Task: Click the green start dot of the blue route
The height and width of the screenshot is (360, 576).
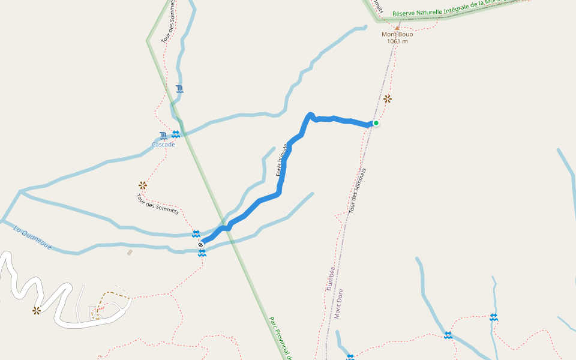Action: [x=376, y=123]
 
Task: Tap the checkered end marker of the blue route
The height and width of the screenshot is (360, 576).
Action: [x=200, y=244]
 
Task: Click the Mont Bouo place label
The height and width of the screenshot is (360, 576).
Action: [x=397, y=34]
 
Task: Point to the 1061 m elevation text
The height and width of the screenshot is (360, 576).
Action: [x=397, y=41]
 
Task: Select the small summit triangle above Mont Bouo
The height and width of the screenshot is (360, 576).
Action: [x=397, y=27]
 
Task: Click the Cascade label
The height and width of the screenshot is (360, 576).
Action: [x=163, y=145]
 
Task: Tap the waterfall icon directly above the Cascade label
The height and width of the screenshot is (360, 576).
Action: [x=163, y=136]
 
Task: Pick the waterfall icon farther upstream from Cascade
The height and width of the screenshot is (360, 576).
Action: [x=179, y=89]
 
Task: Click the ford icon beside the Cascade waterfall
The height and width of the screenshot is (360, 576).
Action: [x=175, y=134]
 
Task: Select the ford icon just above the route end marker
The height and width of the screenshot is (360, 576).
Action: [x=196, y=233]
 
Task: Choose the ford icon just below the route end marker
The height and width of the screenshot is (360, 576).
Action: [x=202, y=253]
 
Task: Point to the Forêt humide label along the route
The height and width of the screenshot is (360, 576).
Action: [x=283, y=160]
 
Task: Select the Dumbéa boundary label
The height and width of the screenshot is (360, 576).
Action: [x=330, y=278]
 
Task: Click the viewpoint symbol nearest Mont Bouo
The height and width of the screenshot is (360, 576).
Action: [x=388, y=98]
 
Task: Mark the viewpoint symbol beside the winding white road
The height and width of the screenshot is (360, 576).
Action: [x=37, y=310]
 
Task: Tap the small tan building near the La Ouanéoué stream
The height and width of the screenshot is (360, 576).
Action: [x=130, y=253]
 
